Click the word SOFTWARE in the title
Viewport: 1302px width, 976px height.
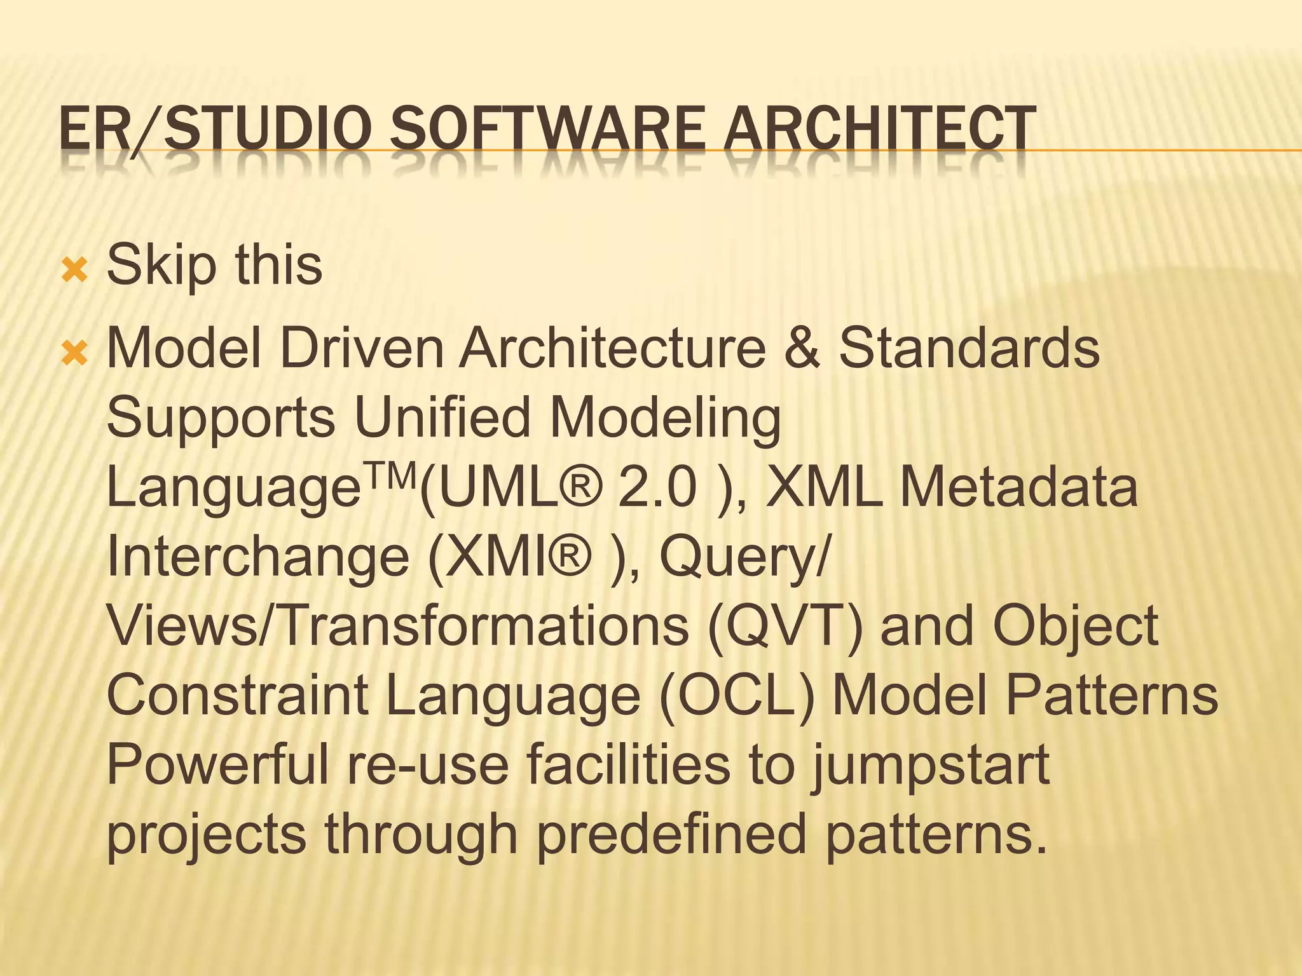point(547,129)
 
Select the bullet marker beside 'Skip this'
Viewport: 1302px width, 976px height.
point(74,273)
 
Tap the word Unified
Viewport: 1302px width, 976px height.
point(442,418)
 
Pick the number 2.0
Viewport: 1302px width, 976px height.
point(657,488)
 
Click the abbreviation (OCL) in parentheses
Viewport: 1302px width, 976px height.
point(737,696)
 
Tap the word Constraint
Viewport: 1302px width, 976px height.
point(238,696)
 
